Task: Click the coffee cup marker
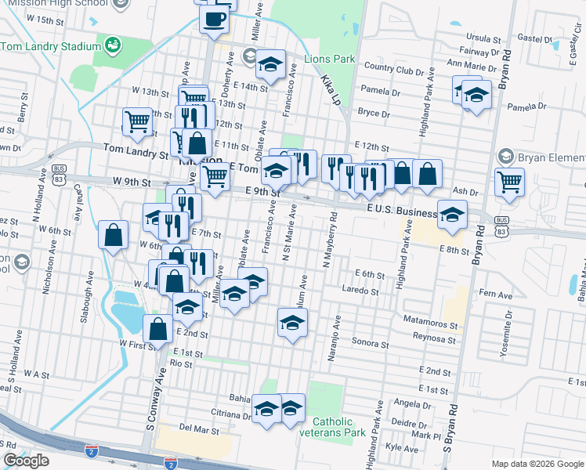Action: click(x=214, y=20)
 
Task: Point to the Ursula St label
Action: click(x=483, y=38)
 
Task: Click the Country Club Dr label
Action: click(x=394, y=68)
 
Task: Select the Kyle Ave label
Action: click(x=403, y=448)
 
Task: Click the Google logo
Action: click(x=26, y=461)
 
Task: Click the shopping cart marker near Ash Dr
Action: click(x=510, y=183)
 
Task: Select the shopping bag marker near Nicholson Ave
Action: click(x=114, y=234)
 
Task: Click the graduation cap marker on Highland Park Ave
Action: click(x=452, y=215)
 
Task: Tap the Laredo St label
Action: click(x=360, y=291)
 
